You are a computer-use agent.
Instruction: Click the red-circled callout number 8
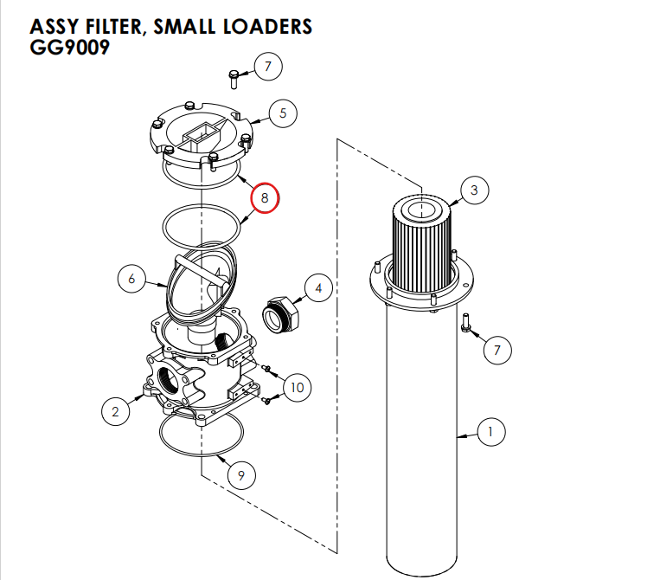(x=266, y=198)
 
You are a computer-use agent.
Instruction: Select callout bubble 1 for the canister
(x=490, y=432)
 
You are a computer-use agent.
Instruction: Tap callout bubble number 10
(x=297, y=387)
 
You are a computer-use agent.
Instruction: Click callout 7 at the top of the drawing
(x=267, y=65)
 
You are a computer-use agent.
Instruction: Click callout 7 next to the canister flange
(x=497, y=351)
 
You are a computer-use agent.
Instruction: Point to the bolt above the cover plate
(x=234, y=78)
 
